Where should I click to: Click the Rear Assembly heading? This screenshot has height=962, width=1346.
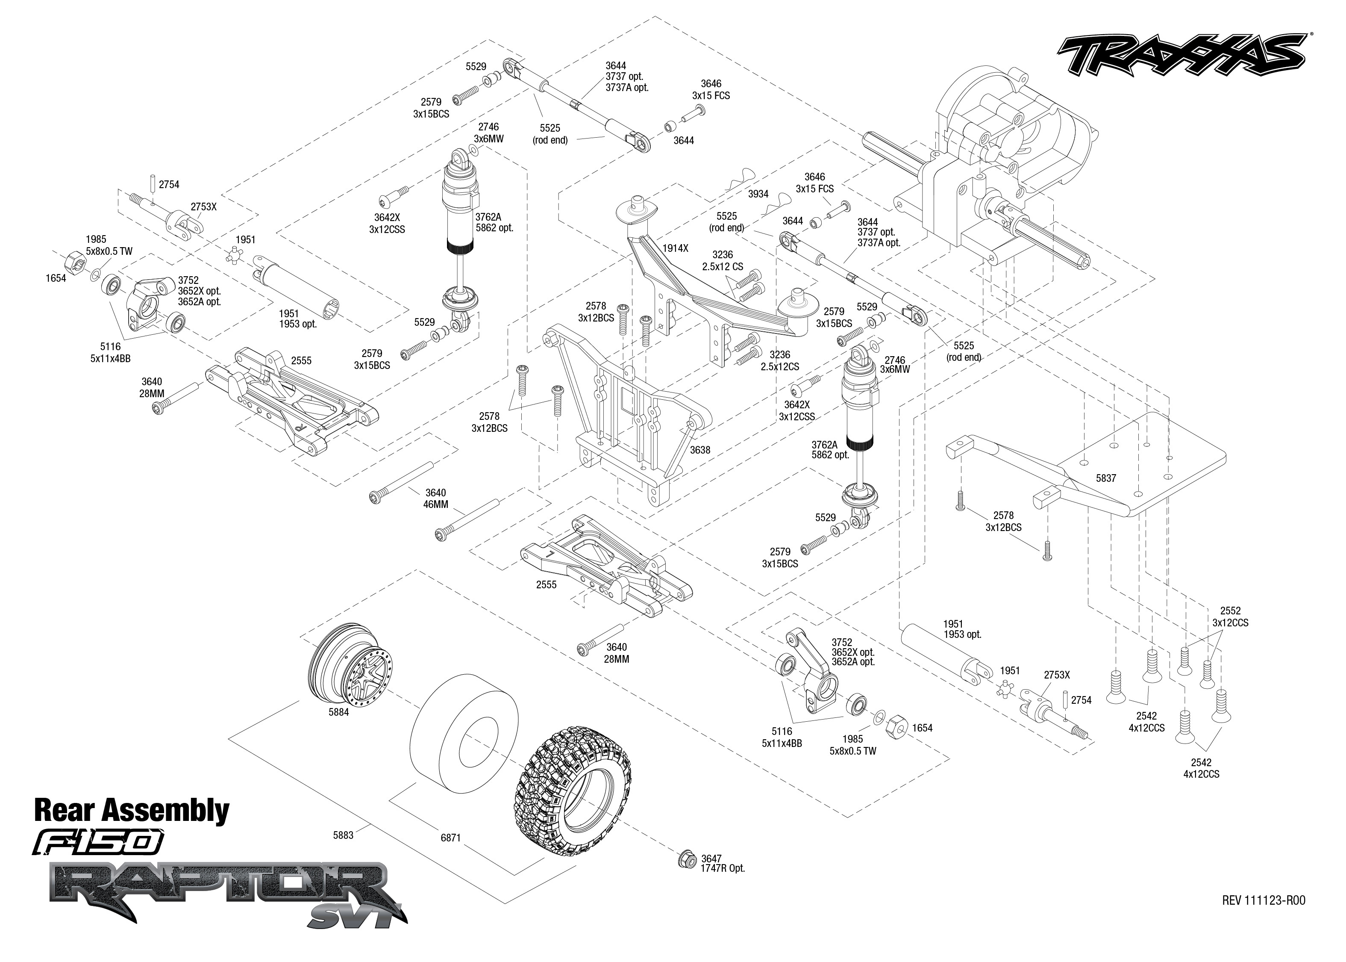132,810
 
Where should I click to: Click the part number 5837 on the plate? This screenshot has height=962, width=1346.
1106,478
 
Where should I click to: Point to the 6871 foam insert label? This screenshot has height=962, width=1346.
450,838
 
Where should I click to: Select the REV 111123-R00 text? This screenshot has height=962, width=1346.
1263,900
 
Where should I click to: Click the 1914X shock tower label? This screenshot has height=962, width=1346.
676,248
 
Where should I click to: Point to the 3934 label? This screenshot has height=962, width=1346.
758,194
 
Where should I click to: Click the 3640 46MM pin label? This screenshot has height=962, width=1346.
436,498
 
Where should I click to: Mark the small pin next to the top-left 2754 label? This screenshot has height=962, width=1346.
152,183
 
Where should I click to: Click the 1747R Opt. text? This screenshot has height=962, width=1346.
723,868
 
